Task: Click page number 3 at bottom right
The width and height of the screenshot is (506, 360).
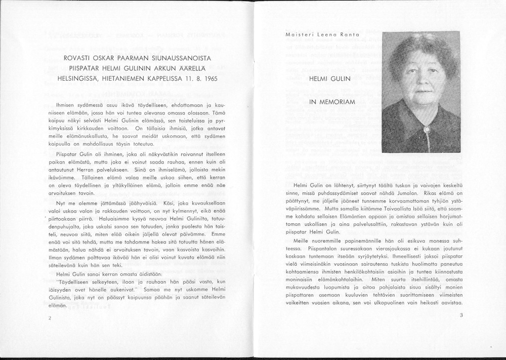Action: pos(461,315)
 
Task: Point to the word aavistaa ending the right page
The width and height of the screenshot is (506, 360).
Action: pos(451,303)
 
